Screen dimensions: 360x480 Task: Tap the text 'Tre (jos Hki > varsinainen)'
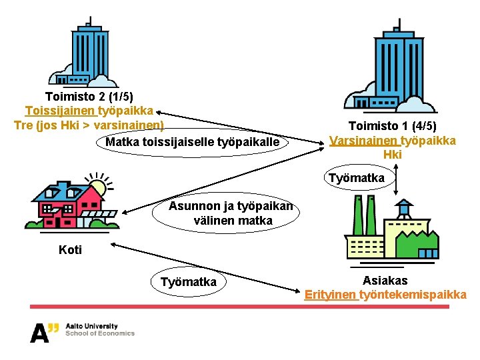[x=89, y=125]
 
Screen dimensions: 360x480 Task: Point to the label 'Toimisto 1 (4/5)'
[x=392, y=126]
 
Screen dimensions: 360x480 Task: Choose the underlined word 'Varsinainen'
[x=364, y=140]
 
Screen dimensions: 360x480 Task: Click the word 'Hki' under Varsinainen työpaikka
[x=392, y=155]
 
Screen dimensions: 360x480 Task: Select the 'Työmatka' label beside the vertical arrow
[x=356, y=178]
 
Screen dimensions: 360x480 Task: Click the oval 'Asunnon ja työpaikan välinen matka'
[x=231, y=213]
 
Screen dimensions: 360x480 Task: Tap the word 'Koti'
[x=71, y=250]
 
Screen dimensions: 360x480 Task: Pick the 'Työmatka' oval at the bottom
[x=189, y=282]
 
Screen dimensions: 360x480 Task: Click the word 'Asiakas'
[x=385, y=281]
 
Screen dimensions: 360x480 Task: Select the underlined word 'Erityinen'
[x=331, y=295]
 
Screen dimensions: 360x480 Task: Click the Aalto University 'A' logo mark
[x=41, y=331]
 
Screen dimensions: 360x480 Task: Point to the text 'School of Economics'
[x=100, y=333]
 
